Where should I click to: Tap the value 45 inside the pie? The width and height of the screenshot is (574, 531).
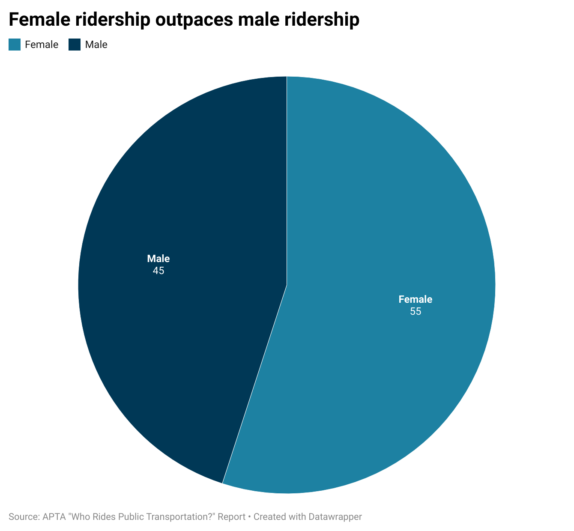point(158,271)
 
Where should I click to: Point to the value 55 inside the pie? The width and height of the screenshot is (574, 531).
point(416,312)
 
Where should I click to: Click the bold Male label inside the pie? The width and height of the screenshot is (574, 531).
point(158,258)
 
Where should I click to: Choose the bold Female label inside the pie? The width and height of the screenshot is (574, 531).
point(416,299)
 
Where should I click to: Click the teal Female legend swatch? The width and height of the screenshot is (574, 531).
point(15,45)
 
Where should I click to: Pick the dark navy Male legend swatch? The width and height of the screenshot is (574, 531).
point(75,45)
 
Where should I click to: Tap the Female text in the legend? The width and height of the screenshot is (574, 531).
point(42,45)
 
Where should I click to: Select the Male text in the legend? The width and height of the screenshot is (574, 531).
point(96,45)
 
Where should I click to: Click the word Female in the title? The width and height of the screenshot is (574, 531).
point(39,19)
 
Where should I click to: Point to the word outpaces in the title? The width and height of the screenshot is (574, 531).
point(194,20)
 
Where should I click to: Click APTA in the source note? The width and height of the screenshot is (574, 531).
point(54,517)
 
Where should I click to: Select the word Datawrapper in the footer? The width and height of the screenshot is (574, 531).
point(335,517)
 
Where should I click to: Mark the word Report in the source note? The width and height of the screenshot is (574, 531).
point(231,517)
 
